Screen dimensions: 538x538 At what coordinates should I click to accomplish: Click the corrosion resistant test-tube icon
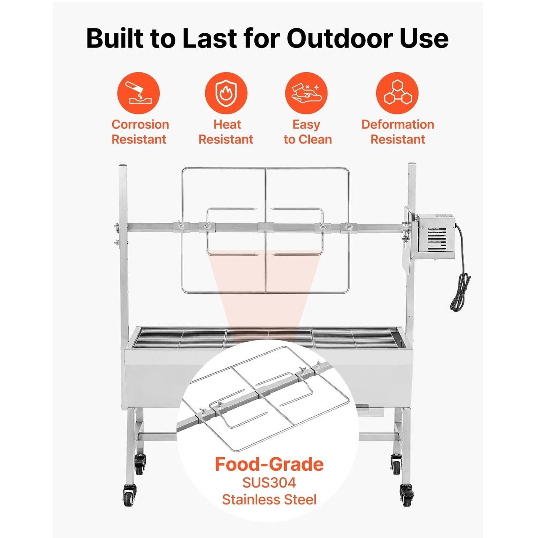coord(138,93)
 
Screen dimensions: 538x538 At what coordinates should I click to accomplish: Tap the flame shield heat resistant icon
coord(226,93)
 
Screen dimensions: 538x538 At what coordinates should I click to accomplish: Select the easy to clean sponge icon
coord(306,93)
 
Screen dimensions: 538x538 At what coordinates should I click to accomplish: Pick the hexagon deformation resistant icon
coord(397,93)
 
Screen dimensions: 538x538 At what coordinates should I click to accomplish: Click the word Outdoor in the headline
coord(340,38)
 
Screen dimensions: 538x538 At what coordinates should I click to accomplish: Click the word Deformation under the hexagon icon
coord(398,124)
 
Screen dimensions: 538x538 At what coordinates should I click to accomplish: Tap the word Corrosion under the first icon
coord(140,124)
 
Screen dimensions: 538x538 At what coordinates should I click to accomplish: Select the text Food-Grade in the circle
coord(269,464)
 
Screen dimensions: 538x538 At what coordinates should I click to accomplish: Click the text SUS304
coord(269,483)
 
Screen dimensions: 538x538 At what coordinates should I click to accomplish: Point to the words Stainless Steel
coord(269,499)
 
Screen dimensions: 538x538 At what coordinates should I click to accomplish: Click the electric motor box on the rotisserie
coord(435,236)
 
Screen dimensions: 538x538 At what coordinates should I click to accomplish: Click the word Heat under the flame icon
coord(227,124)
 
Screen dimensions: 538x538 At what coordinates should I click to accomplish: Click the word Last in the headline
coord(209,38)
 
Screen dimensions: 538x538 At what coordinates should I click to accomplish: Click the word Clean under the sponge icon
coord(316,139)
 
